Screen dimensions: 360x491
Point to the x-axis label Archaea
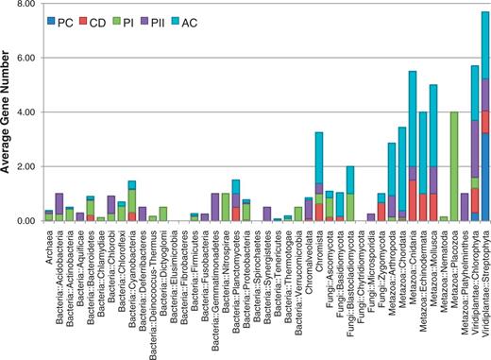(x=49, y=248)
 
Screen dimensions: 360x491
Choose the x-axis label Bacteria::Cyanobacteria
(x=132, y=275)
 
